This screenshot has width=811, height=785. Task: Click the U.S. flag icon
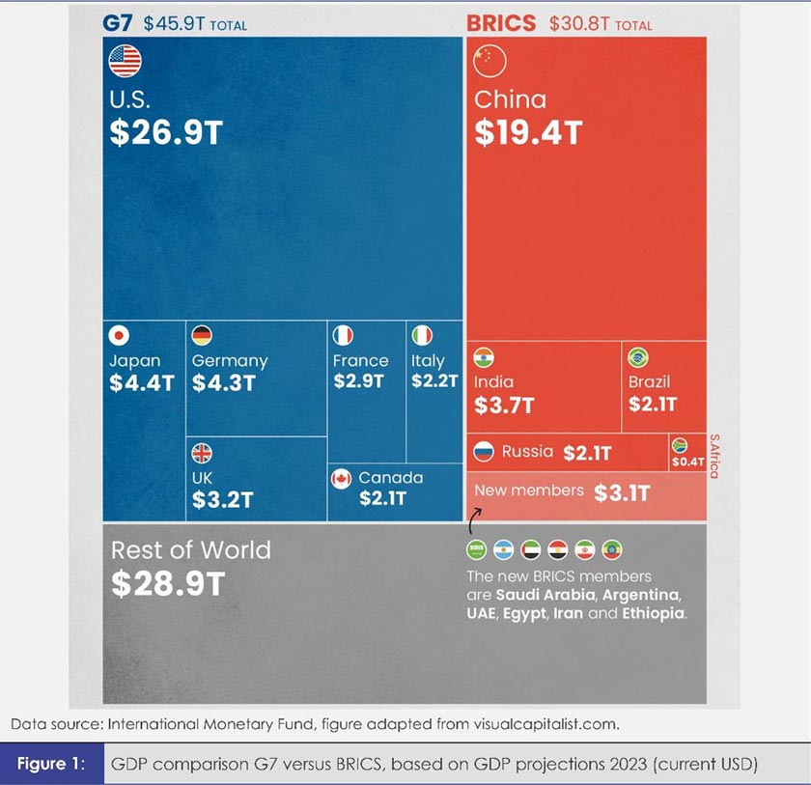click(125, 62)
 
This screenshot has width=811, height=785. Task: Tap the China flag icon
click(489, 62)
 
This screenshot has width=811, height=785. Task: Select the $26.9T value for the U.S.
click(165, 133)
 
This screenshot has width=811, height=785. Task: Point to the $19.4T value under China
click(528, 133)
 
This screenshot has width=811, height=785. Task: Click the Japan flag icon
click(118, 335)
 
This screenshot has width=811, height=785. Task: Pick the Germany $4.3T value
click(223, 382)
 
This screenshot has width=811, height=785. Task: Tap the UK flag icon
click(202, 453)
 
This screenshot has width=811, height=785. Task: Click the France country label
click(361, 361)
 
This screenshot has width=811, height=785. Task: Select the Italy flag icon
click(422, 335)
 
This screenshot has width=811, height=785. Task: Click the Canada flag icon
click(341, 478)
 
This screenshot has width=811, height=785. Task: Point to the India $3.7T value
click(503, 406)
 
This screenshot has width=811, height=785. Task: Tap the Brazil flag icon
click(638, 358)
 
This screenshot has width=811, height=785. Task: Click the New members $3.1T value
click(622, 492)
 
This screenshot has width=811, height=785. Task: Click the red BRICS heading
click(501, 22)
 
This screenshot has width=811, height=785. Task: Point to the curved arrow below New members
click(473, 521)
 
